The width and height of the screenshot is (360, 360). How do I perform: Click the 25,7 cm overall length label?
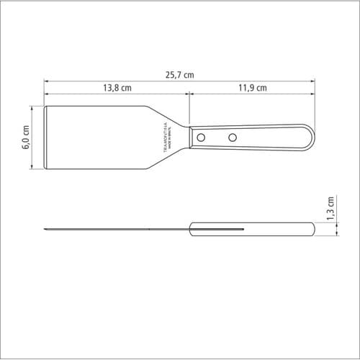pos(179,74)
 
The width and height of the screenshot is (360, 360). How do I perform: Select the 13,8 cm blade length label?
pos(116,88)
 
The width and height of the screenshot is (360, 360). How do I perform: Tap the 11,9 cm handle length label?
pos(252,88)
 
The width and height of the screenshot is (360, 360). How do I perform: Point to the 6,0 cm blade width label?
pos(27,138)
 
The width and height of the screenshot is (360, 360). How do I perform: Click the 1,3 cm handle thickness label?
pos(330,209)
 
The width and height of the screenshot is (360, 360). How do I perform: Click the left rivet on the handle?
pos(202,137)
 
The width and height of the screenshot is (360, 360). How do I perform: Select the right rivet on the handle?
pos(233,137)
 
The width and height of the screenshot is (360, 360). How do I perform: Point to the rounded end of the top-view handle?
pos(310,137)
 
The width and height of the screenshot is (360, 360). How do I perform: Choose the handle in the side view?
pos(252,230)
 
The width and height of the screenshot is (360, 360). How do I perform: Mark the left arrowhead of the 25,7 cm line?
pos(45,81)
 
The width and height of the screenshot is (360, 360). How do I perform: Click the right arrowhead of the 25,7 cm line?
pos(313,81)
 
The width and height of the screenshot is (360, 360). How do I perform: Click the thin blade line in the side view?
pos(115,230)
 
